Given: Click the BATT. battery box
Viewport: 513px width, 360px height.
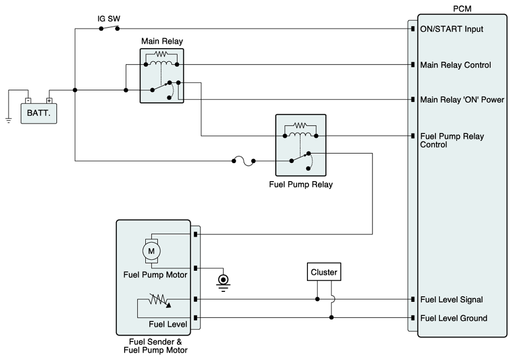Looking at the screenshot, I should [39, 113].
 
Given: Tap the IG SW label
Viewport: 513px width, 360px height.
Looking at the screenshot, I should [109, 18].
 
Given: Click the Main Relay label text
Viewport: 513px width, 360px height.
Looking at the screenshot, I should [162, 41].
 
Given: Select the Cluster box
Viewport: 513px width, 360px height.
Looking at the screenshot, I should [324, 272].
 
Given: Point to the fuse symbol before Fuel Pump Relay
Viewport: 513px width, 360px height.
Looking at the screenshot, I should [243, 160].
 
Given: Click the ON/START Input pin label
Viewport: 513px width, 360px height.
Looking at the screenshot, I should [451, 29].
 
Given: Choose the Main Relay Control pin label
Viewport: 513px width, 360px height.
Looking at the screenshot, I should [455, 65].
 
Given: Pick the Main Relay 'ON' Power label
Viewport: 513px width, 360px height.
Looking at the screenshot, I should [462, 99].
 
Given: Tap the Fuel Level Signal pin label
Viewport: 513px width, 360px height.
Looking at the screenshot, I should [451, 299].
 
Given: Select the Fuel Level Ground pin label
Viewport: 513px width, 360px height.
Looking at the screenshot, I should [453, 318].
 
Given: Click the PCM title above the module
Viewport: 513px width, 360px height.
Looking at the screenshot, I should [461, 9].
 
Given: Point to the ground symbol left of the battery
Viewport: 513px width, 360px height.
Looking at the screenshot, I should [8, 120].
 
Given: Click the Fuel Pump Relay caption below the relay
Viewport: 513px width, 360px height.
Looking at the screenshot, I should [301, 185].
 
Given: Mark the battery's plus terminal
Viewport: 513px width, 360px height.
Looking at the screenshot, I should [49, 100].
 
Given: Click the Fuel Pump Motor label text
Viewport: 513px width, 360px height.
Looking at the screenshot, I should [155, 274].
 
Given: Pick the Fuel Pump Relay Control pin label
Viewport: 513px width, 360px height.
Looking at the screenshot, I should [452, 140].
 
